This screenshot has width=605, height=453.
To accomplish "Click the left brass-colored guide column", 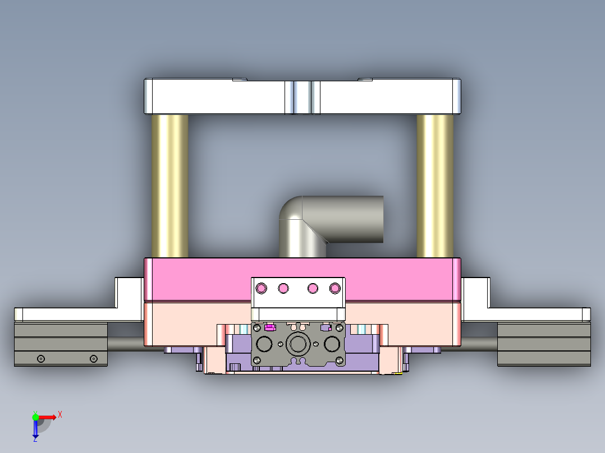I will [169, 185].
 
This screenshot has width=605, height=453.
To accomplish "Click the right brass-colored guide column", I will [435, 185].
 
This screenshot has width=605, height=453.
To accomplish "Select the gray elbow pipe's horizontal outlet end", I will [370, 219].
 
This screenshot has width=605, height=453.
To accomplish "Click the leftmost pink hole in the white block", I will [260, 288].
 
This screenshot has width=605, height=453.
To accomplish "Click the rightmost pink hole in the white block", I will [335, 288].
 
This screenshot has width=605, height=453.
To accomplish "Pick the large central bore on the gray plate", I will [297, 343].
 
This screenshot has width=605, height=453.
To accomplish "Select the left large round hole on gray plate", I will [264, 343].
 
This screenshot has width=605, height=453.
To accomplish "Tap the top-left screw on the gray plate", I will [258, 327].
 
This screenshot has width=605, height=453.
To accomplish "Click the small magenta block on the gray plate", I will [270, 327].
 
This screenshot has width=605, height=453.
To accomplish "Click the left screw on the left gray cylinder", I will [40, 359].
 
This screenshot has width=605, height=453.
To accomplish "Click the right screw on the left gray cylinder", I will [94, 359].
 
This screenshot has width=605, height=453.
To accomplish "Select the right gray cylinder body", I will [543, 344].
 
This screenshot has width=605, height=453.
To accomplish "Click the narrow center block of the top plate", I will [302, 96].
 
